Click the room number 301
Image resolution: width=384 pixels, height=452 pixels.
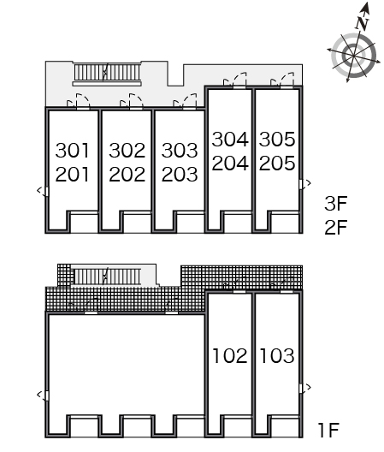[x=72, y=151]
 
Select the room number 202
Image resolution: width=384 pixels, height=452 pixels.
[x=127, y=175]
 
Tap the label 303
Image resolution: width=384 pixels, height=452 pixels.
[x=180, y=151]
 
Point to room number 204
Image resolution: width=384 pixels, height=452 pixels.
[x=230, y=163]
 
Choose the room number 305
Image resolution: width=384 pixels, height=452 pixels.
[x=277, y=139]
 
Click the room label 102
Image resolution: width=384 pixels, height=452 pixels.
[x=229, y=355]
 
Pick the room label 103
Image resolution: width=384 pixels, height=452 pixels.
[x=277, y=355]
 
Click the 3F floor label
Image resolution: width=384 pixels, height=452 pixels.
[x=335, y=203]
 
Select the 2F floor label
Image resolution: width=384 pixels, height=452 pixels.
[x=335, y=227]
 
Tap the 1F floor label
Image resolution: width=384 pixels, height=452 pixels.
[x=328, y=430]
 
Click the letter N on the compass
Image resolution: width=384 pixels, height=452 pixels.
[x=362, y=23]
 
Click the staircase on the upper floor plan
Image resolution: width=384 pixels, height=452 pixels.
[x=107, y=73]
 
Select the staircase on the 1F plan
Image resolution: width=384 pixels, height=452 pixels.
[x=107, y=277]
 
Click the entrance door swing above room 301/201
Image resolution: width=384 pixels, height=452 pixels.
[x=79, y=101]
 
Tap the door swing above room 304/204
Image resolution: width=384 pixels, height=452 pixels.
[x=235, y=80]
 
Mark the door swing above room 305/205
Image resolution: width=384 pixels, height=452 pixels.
[x=282, y=80]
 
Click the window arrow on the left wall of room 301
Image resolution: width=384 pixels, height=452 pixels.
[x=43, y=191]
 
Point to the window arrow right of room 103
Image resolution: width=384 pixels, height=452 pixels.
[x=305, y=387]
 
